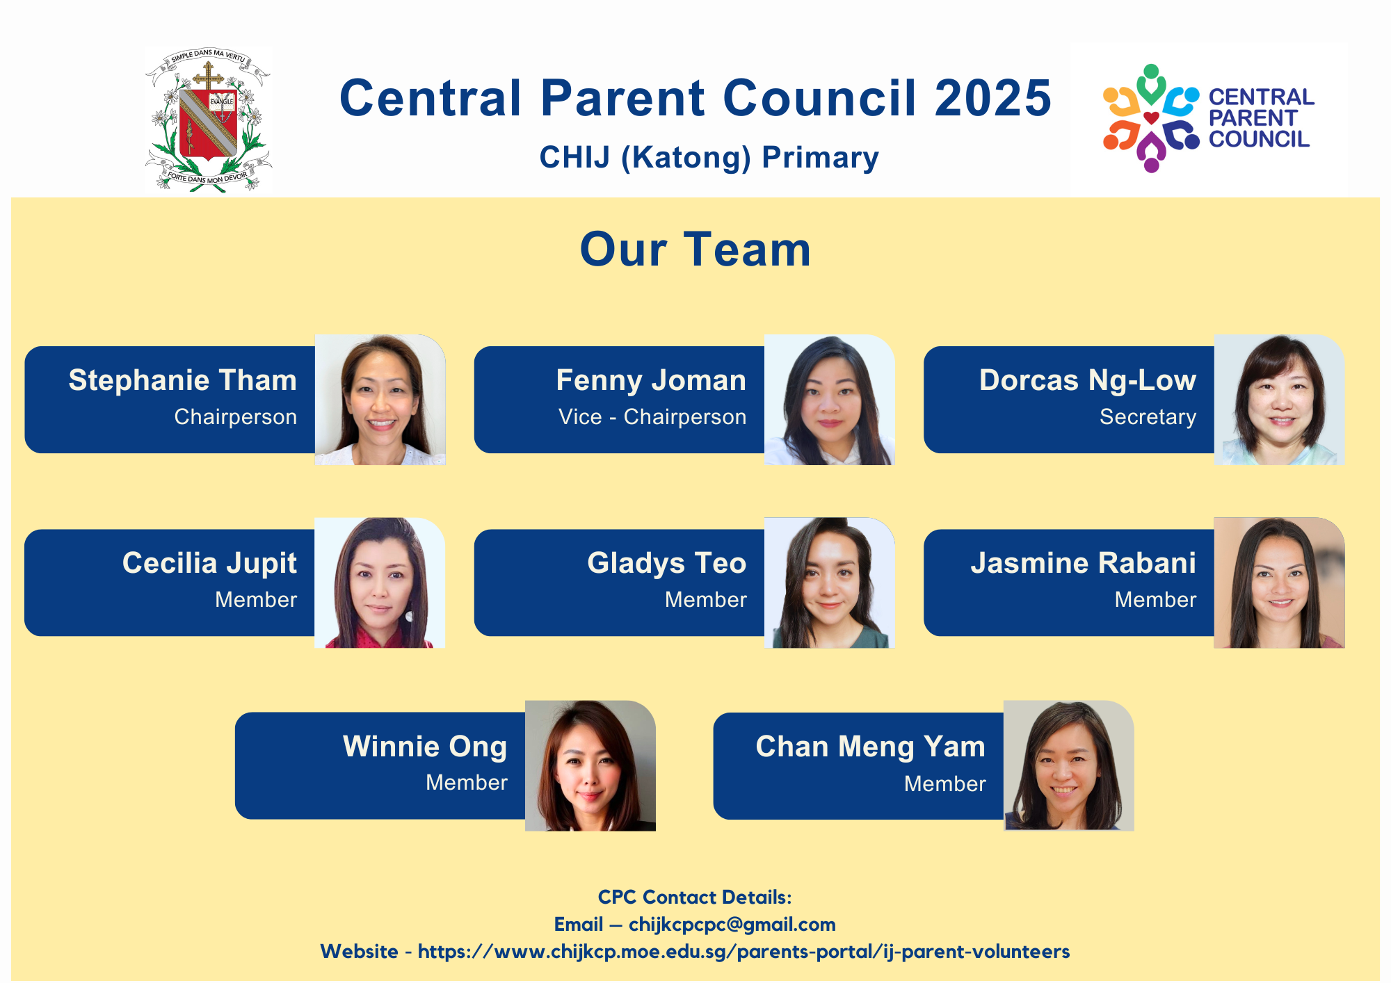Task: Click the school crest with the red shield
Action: pos(208,120)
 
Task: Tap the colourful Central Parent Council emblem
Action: pos(1151,118)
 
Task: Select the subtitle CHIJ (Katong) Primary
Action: pos(709,158)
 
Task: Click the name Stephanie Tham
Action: pos(182,380)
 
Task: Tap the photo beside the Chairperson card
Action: pos(380,400)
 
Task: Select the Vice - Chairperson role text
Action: pos(652,417)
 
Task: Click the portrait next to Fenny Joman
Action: pos(830,400)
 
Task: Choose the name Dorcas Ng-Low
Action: pos(1088,381)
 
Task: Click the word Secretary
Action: pos(1148,417)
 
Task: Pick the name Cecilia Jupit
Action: pos(209,564)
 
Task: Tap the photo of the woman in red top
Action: pos(380,583)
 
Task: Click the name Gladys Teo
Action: pos(667,564)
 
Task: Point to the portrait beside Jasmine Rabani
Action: pos(1280,583)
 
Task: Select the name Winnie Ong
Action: pos(425,747)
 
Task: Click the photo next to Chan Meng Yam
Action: pos(1069,765)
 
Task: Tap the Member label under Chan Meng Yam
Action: pos(945,784)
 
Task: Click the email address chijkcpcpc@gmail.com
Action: pos(732,925)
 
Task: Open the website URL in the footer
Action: pos(743,952)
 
